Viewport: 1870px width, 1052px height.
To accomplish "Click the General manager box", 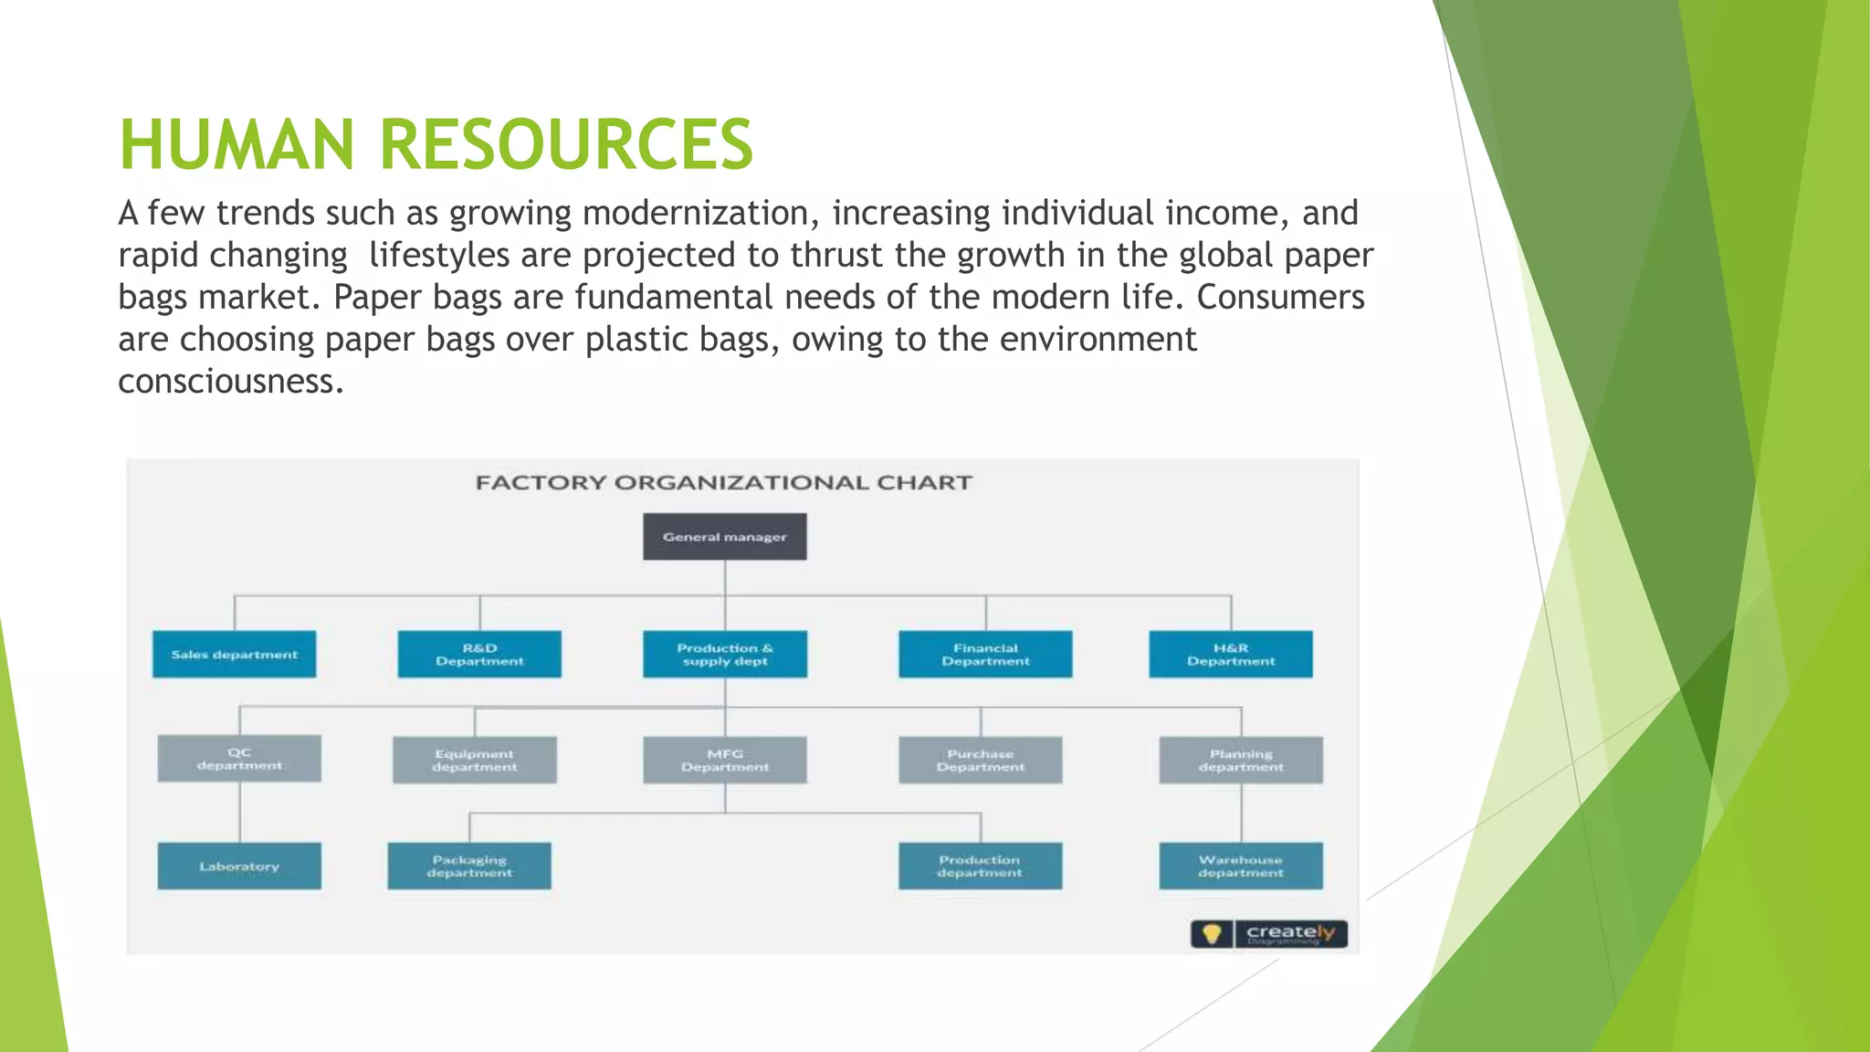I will tap(724, 536).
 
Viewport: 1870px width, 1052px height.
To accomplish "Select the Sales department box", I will tap(234, 654).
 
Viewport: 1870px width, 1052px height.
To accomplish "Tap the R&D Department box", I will tap(479, 654).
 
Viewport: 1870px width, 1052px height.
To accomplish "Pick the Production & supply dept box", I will tap(725, 654).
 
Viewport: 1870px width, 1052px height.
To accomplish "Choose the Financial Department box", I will tap(985, 654).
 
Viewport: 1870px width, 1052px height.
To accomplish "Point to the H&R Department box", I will tap(1231, 654).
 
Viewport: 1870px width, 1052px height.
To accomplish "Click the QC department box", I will tap(239, 758).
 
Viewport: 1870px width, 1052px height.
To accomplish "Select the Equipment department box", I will tap(474, 760).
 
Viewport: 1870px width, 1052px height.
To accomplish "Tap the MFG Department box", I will tap(725, 760).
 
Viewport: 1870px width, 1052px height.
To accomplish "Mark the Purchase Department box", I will tap(981, 760).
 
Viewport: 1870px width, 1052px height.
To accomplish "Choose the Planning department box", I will tap(1241, 760).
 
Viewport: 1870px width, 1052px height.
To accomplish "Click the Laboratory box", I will tap(239, 866).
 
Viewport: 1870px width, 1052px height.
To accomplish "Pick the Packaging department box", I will tap(469, 866).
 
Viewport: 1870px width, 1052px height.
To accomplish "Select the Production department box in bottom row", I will tap(980, 866).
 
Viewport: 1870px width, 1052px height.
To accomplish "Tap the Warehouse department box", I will tap(1241, 866).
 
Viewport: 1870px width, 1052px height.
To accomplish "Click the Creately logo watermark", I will tap(1269, 933).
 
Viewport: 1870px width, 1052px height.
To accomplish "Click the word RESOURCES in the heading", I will tap(566, 144).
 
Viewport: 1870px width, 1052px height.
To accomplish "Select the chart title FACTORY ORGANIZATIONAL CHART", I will tap(724, 482).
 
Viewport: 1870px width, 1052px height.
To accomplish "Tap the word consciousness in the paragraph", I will tap(231, 381).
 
